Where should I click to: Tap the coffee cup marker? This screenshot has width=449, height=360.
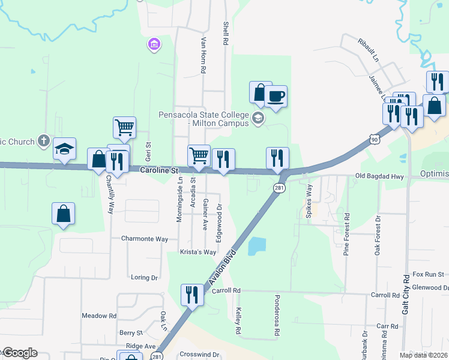tap(276, 97)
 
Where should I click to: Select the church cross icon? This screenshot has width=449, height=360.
tap(43, 140)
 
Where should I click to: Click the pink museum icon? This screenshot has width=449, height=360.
tap(154, 44)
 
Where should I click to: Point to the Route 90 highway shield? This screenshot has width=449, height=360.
tap(375, 139)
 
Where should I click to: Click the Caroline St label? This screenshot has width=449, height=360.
tap(160, 171)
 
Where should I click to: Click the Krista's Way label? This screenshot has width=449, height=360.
tap(198, 252)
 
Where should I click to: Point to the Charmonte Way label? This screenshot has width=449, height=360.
tap(145, 238)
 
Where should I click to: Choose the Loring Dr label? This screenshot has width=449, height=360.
tap(144, 278)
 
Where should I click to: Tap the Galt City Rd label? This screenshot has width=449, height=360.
tap(406, 295)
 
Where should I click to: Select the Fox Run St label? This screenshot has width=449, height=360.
tap(428, 274)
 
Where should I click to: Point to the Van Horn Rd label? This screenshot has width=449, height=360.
tap(203, 55)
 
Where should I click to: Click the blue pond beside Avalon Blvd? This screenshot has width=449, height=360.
tap(256, 246)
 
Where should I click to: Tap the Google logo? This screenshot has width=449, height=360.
tap(20, 353)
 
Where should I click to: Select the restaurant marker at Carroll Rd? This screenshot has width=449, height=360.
tap(192, 295)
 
